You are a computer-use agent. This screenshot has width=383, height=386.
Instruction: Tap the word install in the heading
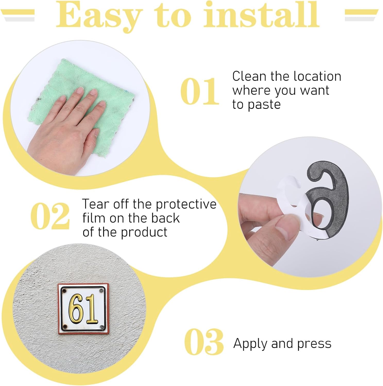pyautogui.click(x=261, y=14)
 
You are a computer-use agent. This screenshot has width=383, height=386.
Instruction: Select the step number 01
pyautogui.click(x=200, y=91)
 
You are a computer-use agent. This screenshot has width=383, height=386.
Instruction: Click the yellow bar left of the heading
pyautogui.click(x=18, y=12)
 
